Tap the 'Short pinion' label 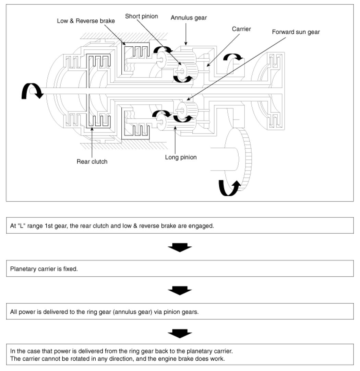click(141, 16)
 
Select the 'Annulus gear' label click(189, 18)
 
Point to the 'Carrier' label click(241, 29)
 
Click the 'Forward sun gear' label click(296, 32)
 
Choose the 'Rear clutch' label click(92, 162)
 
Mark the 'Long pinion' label click(181, 157)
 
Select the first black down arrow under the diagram click(180, 247)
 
